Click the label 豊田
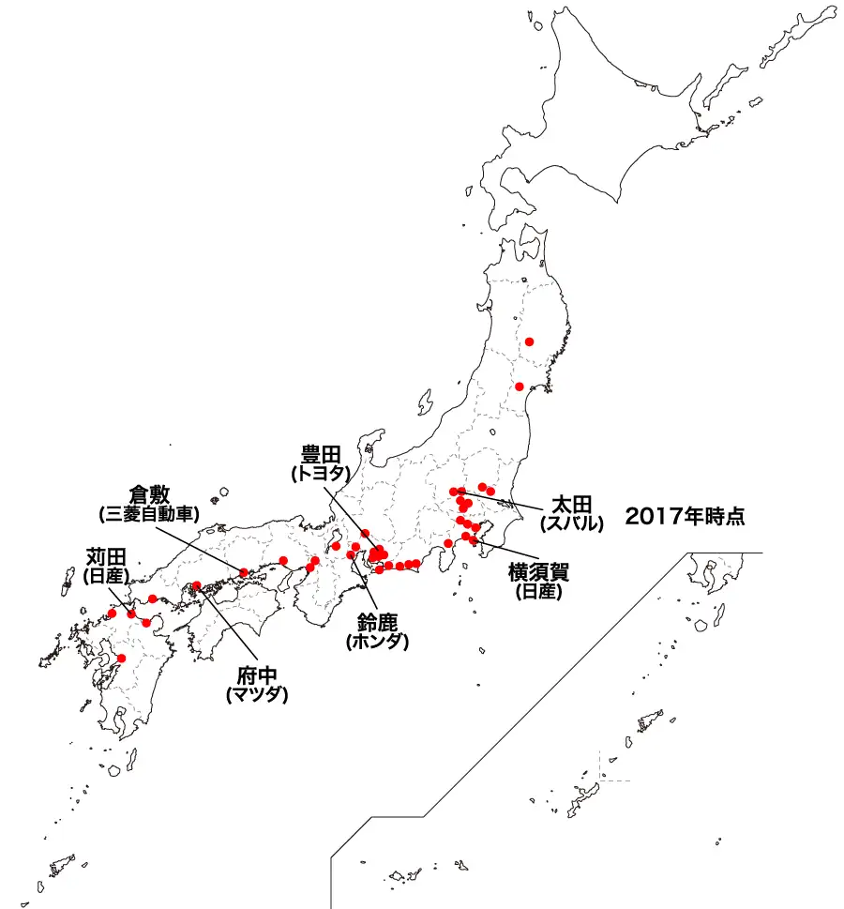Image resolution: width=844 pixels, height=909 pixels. (321, 456)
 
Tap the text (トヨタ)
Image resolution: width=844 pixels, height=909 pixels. (321, 475)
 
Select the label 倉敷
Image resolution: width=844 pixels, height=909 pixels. (149, 495)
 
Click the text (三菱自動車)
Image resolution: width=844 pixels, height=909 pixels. (149, 514)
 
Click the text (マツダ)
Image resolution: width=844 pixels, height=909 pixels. (256, 695)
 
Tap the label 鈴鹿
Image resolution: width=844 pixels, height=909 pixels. (378, 623)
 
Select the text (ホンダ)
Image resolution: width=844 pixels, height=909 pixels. (378, 642)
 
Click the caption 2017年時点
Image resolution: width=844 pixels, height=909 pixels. (685, 516)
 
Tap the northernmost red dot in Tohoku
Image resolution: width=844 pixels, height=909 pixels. (529, 342)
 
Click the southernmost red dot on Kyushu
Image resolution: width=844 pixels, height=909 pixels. (120, 659)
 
